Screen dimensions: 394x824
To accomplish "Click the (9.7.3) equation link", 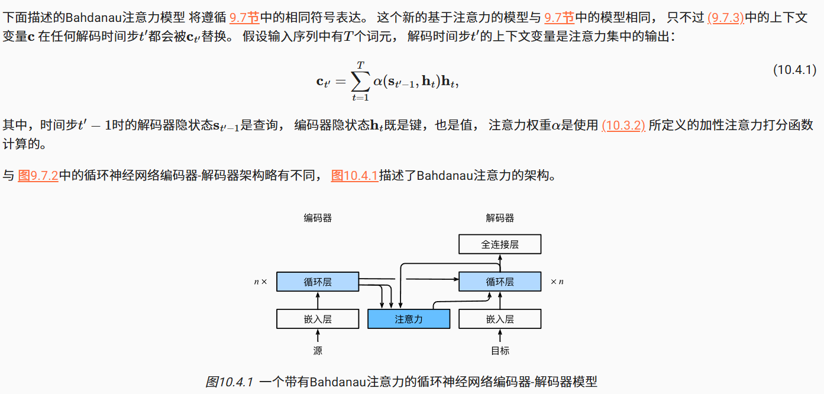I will (725, 17).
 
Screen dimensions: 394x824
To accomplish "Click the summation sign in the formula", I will (360, 81).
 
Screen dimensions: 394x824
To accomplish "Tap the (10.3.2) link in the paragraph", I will (623, 125).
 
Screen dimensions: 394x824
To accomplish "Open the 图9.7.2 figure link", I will (38, 175).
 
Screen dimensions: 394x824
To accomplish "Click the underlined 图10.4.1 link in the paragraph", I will (354, 175).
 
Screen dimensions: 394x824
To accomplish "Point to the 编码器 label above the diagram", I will (318, 218).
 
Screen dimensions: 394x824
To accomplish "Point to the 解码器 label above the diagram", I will (500, 218).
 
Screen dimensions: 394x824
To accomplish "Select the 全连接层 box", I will (500, 244).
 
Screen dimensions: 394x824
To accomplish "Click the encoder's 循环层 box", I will (318, 282).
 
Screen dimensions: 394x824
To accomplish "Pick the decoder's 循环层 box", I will (500, 282).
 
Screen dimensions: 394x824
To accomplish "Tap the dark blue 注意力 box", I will (409, 319).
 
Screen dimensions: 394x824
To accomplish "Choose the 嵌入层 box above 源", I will (318, 319).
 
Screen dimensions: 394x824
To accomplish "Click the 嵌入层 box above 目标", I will (500, 319).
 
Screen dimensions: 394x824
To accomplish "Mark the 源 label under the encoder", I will (318, 351).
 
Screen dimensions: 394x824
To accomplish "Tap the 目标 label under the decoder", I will (500, 351).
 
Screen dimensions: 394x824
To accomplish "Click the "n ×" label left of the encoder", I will (260, 282).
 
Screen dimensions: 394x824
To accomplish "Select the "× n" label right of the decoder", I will (557, 282).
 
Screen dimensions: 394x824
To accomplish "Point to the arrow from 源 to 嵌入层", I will (318, 336).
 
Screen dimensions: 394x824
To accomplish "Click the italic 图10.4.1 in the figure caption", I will (230, 382).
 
